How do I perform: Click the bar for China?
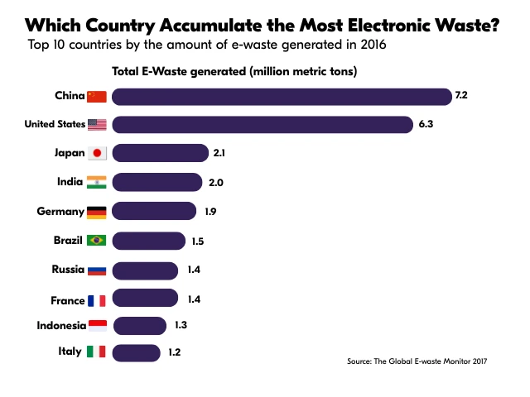(282, 96)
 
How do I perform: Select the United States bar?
(263, 125)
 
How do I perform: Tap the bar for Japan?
(160, 153)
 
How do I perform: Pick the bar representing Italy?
(137, 352)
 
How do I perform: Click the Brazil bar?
(148, 241)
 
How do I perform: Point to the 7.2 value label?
(461, 96)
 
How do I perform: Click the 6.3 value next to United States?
(426, 125)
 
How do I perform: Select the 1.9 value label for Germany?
(210, 212)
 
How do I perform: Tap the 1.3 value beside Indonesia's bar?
(181, 324)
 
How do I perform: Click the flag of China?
(97, 96)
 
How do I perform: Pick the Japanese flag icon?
(97, 153)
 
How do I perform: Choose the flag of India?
(97, 182)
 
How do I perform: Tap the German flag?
(97, 212)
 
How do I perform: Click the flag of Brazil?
(97, 241)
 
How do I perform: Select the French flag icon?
(97, 300)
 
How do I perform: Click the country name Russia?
(67, 270)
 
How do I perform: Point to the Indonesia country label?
(61, 325)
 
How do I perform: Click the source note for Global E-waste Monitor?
(417, 361)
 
